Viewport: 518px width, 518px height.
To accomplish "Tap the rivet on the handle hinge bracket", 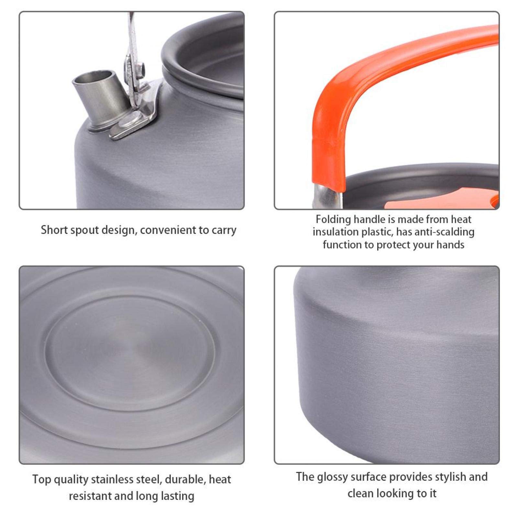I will click(x=141, y=68).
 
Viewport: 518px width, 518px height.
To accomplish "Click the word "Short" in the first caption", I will click(x=54, y=230).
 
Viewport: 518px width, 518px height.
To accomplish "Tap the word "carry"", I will click(x=224, y=230).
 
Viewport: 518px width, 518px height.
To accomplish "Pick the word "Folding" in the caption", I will click(x=333, y=219).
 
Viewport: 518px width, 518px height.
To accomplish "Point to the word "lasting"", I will click(x=177, y=496).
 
